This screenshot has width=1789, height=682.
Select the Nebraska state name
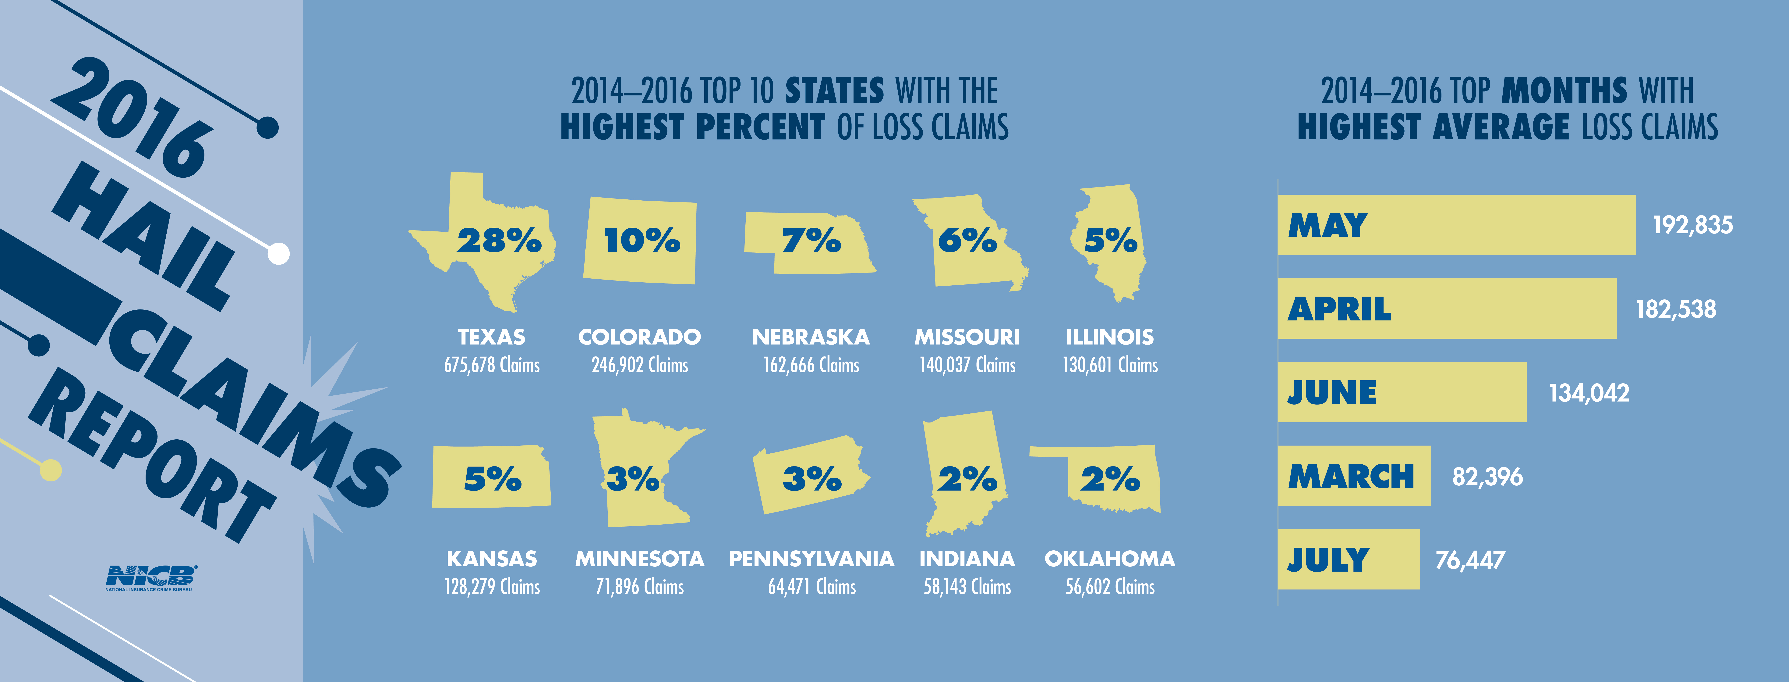[x=811, y=337]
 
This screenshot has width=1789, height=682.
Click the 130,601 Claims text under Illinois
[x=1110, y=365]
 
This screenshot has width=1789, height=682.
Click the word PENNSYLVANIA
[x=811, y=559]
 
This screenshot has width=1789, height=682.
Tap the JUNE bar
[x=1402, y=392]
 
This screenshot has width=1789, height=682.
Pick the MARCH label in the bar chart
[x=1351, y=477]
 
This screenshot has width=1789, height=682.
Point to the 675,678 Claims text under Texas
[x=492, y=365]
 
